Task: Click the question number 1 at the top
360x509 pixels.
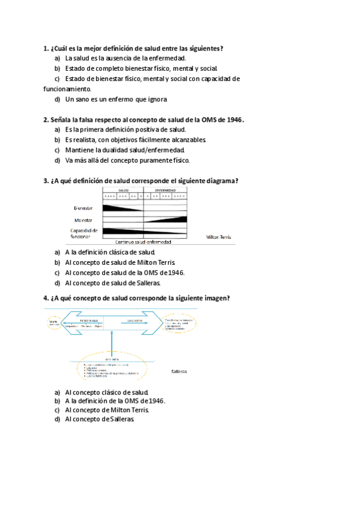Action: click(46, 48)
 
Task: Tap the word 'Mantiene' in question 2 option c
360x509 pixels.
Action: click(80, 150)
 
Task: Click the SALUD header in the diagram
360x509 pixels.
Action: click(124, 190)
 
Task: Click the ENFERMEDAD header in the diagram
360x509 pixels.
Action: click(166, 190)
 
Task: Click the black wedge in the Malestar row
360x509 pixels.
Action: click(174, 220)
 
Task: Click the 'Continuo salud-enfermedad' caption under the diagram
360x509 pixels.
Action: click(143, 242)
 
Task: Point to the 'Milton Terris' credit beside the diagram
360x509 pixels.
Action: click(218, 237)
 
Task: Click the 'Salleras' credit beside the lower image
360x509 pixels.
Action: click(179, 372)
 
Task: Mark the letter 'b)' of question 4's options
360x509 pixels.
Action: click(58, 401)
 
